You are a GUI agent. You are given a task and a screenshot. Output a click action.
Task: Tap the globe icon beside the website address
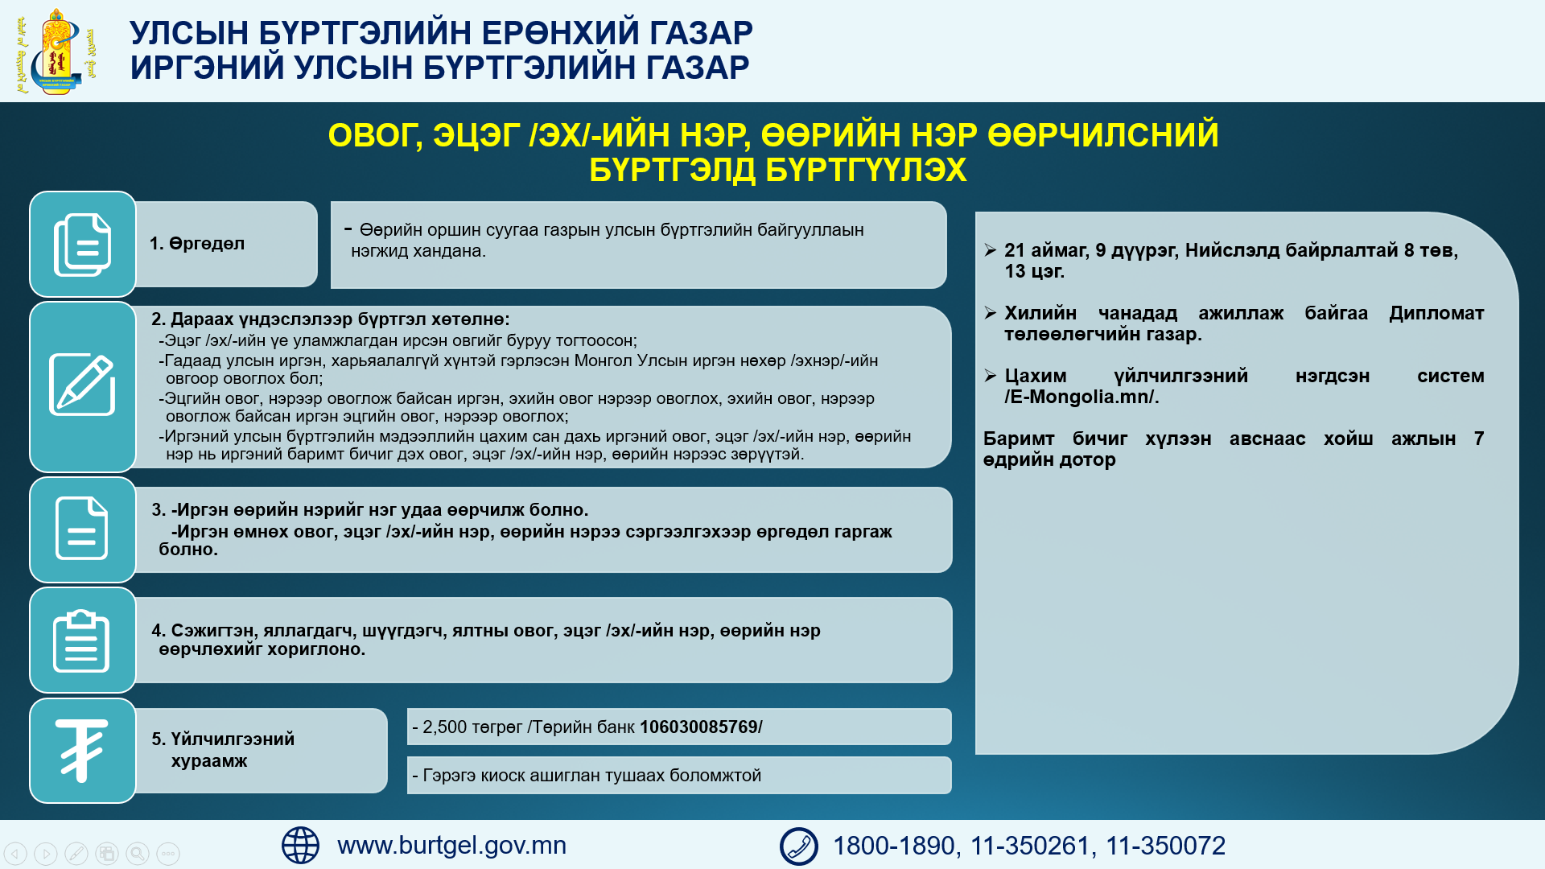300,846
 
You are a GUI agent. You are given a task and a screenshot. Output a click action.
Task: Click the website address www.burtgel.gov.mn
451,846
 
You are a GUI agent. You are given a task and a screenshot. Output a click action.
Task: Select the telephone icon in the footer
798,846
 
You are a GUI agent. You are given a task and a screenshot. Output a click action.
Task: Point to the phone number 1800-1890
893,846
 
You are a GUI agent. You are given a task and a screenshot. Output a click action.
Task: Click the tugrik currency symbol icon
81,750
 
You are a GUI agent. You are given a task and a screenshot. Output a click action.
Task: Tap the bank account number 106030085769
698,727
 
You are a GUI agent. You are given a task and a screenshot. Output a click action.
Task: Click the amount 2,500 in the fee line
445,727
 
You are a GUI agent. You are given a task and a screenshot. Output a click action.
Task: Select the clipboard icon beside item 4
81,640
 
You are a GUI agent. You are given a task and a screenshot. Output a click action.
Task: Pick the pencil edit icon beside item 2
82,385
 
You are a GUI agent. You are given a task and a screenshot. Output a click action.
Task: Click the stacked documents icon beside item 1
82,245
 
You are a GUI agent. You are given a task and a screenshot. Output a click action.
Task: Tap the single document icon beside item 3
81,529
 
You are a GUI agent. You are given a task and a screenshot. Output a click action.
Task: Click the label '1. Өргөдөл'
197,244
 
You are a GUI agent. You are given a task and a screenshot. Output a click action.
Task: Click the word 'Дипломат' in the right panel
1436,313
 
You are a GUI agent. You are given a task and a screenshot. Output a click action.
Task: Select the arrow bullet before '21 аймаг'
991,250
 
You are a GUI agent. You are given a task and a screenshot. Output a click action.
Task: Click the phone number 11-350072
1166,846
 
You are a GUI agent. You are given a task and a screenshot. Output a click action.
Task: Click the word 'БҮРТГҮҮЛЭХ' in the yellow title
778,170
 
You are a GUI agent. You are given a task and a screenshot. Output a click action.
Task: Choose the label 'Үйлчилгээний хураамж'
223,750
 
